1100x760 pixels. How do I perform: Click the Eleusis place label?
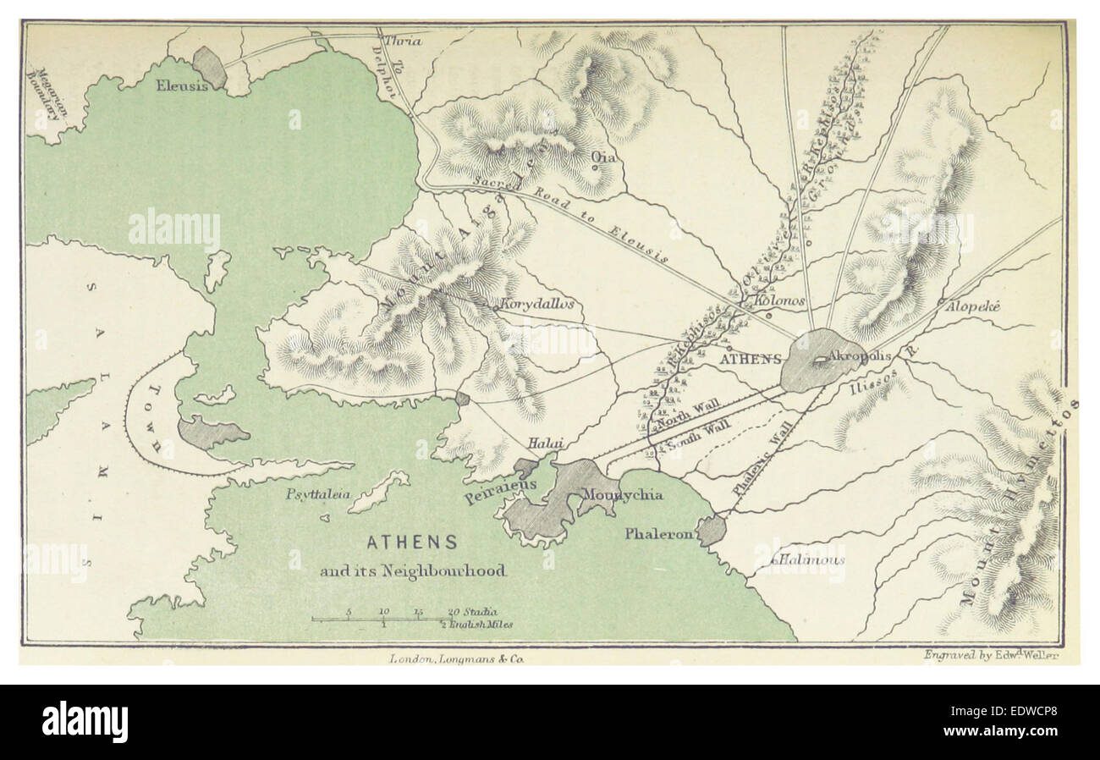click(x=180, y=85)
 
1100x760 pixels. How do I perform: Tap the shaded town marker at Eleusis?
click(x=209, y=66)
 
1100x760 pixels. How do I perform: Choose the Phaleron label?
click(x=659, y=534)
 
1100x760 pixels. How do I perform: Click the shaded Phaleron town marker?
click(x=711, y=531)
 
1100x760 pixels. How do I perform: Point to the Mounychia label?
click(x=625, y=495)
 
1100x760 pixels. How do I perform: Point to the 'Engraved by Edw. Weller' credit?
click(x=992, y=654)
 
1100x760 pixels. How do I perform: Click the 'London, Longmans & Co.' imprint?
click(x=458, y=658)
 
